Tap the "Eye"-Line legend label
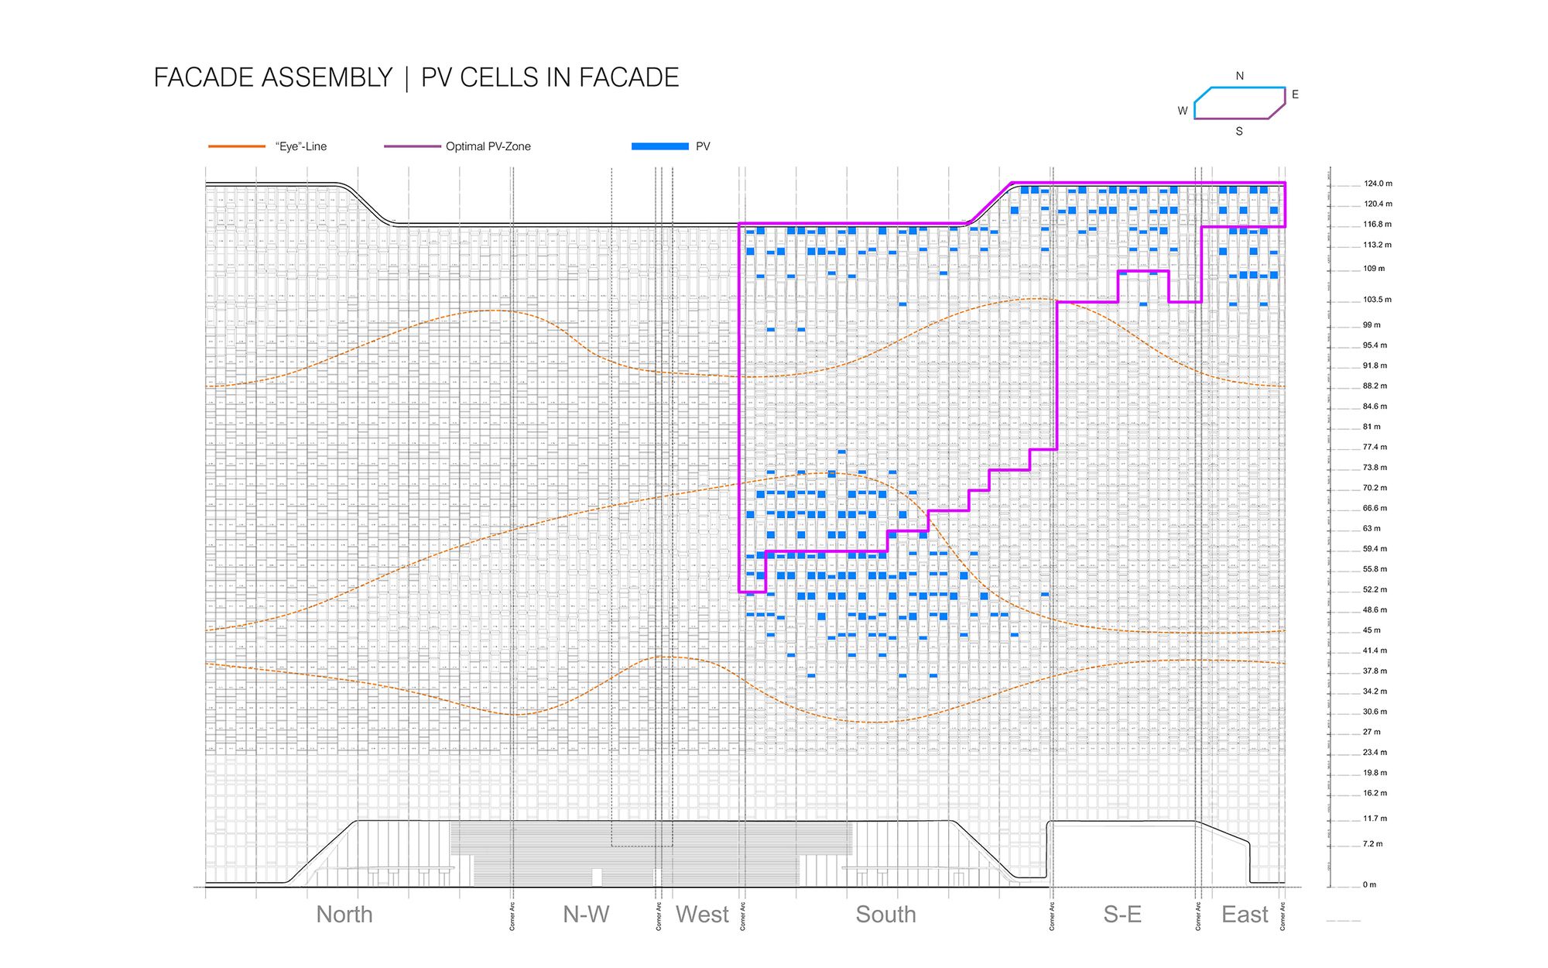(300, 146)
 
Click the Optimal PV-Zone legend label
(488, 146)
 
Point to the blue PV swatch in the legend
(659, 146)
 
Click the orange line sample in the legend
(237, 146)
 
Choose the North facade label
(344, 915)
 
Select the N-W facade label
(586, 915)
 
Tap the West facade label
(702, 915)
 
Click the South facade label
(885, 915)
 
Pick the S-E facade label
(1122, 915)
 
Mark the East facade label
(1245, 915)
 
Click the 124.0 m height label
(1378, 184)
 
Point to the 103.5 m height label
(1377, 300)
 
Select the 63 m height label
(1372, 529)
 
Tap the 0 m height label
(1369, 884)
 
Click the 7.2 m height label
(1372, 844)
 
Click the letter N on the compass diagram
(1240, 76)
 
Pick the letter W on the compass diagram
(1183, 111)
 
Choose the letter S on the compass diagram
(1239, 132)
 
